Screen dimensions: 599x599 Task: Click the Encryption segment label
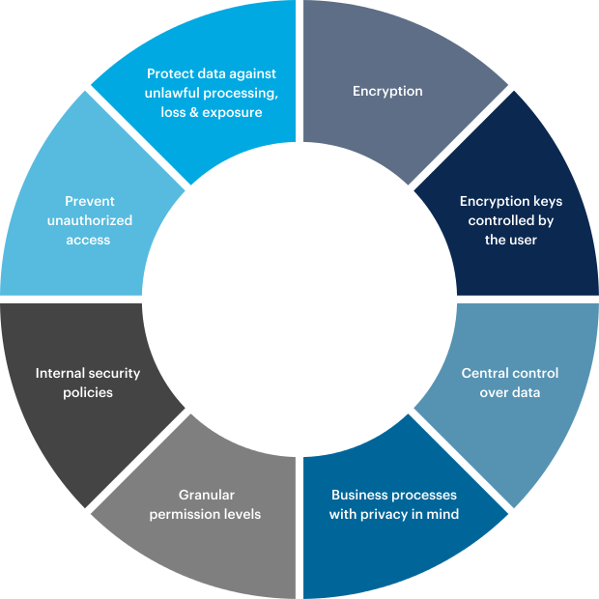387,91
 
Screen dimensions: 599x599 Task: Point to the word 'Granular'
207,495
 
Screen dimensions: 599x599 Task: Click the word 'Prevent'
90,201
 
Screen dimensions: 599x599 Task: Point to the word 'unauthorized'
90,220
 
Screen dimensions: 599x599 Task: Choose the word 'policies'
88,392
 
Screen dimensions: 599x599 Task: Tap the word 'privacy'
388,514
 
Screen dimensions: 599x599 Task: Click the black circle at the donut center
299,299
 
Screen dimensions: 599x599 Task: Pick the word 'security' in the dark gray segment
115,373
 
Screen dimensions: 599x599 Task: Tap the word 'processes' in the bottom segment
423,495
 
